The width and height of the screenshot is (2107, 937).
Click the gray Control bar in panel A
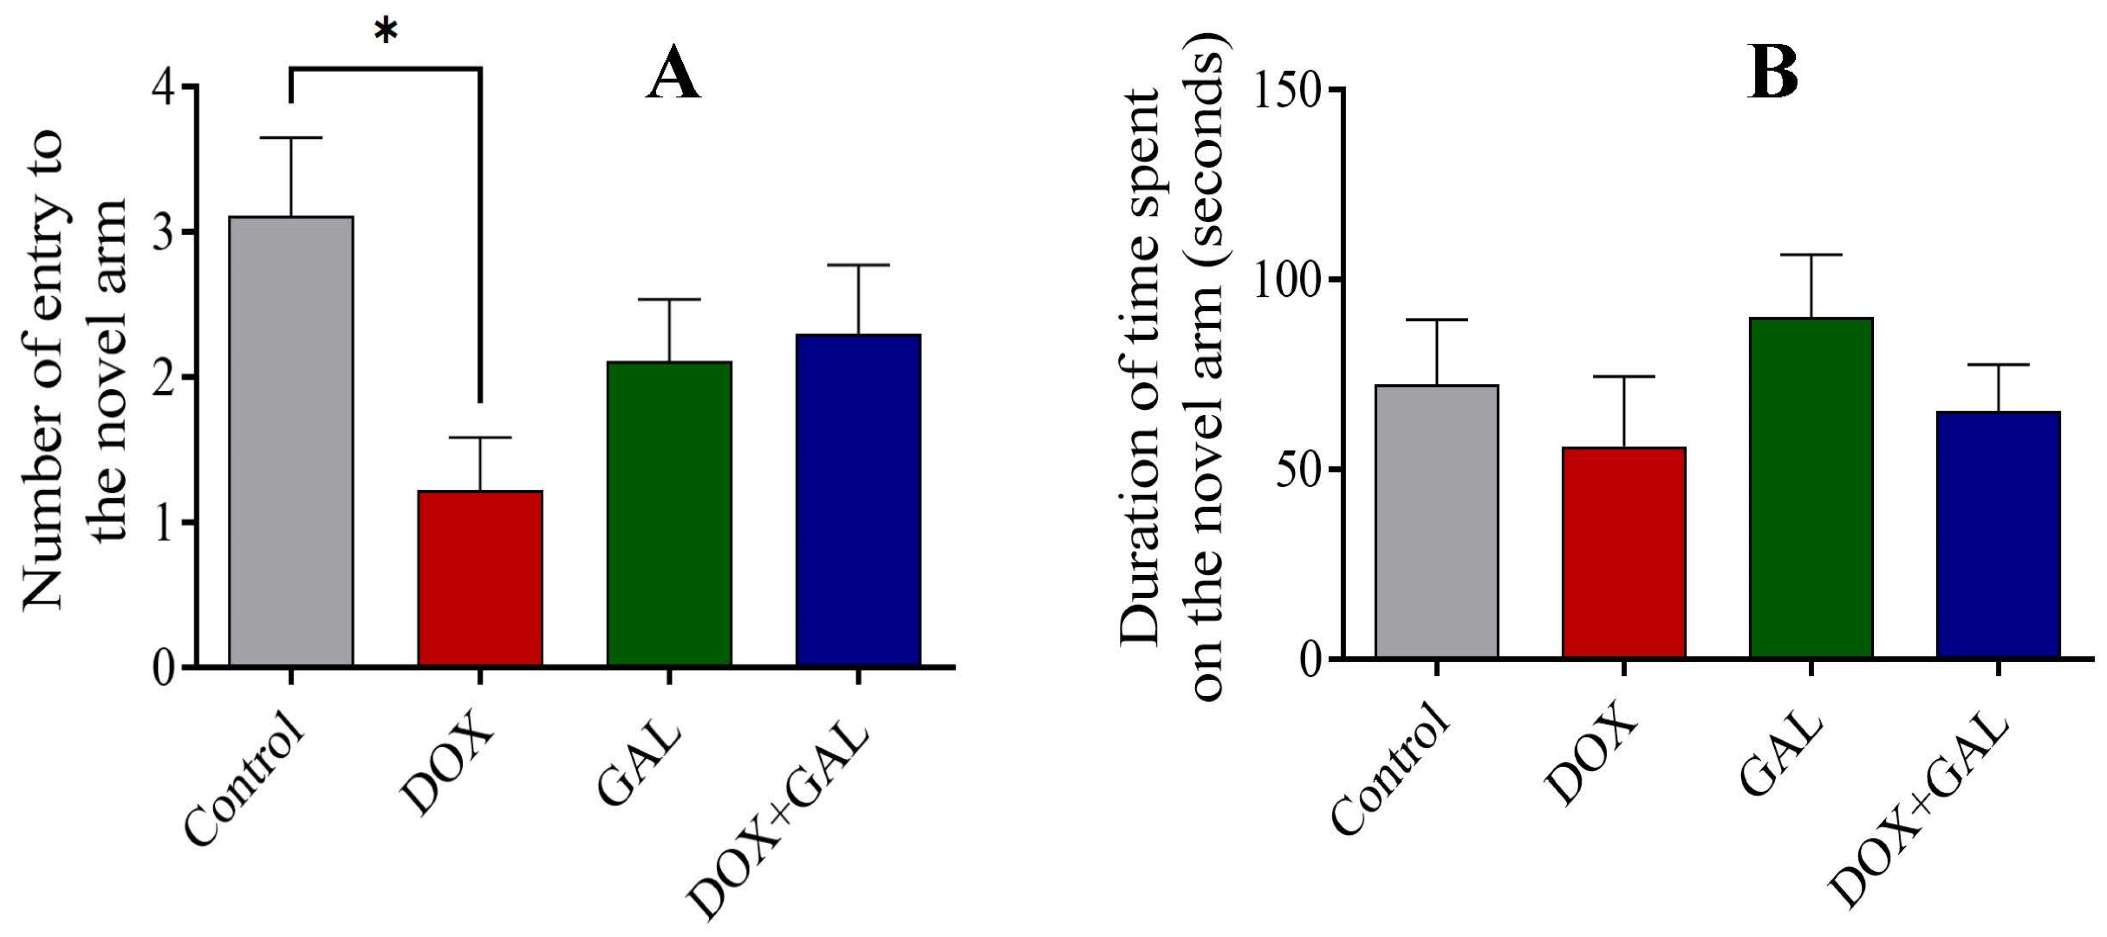pos(291,442)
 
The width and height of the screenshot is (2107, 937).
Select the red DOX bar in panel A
pos(480,578)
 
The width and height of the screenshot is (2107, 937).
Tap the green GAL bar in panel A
pos(669,514)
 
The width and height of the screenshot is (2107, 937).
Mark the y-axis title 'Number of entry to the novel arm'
pos(73,368)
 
